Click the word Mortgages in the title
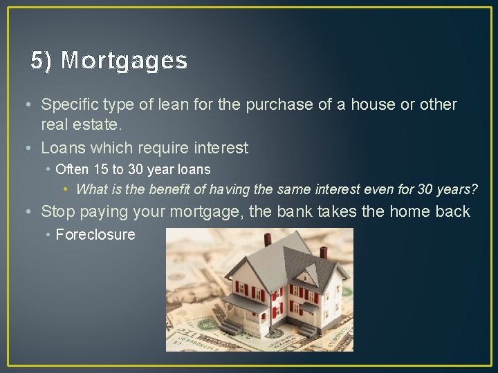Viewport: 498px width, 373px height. point(124,61)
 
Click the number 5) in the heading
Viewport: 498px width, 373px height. point(41,61)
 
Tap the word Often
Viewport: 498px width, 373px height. point(72,169)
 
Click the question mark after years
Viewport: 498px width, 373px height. point(474,189)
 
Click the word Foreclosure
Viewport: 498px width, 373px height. point(95,234)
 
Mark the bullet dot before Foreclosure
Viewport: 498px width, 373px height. point(48,235)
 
